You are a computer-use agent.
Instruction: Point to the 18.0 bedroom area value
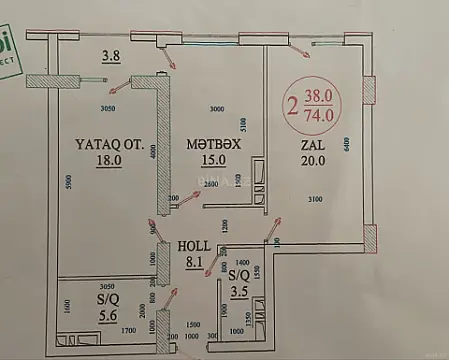108,159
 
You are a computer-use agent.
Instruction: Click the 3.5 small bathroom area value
238,294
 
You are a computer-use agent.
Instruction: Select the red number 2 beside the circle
292,105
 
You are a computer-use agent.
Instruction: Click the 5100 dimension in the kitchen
246,125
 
